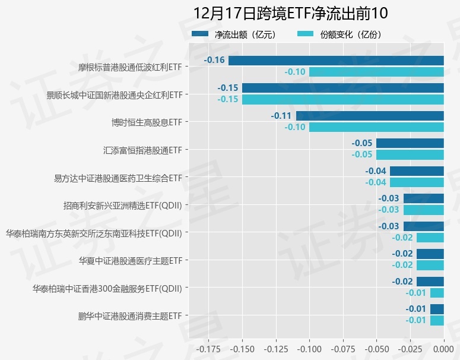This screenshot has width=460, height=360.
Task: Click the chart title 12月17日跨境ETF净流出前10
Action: [x=290, y=14]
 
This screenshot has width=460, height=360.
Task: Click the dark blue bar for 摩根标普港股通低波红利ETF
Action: [x=336, y=61]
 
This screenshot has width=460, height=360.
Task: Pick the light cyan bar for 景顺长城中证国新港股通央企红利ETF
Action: [x=342, y=99]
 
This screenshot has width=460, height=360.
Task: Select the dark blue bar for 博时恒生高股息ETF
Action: [x=370, y=116]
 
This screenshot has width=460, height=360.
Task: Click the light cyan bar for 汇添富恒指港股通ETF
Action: [x=410, y=154]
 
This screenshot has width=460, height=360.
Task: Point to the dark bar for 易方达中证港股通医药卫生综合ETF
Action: [x=417, y=171]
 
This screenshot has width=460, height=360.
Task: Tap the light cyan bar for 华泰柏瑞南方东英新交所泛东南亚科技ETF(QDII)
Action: [x=430, y=238]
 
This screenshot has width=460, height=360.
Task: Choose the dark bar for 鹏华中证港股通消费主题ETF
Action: [x=437, y=309]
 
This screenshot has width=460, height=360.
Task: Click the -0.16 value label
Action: [x=214, y=60]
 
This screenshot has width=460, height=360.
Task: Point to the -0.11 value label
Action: [x=281, y=116]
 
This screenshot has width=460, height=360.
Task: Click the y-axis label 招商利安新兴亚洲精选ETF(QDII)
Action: [x=122, y=205]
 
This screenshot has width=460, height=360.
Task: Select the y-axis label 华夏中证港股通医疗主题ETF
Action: [x=130, y=260]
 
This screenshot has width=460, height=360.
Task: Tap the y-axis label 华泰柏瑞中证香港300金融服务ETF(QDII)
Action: [x=107, y=288]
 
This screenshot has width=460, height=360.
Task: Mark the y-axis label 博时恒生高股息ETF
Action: [x=147, y=122]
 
